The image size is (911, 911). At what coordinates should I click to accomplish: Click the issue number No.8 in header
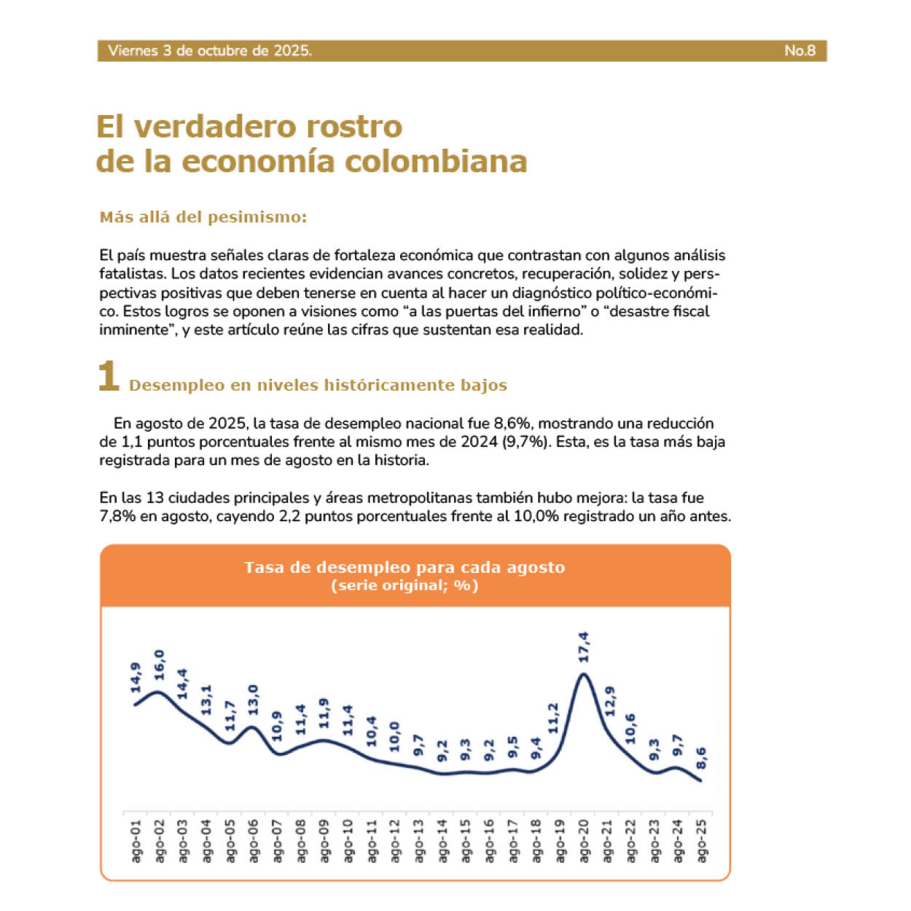point(799,50)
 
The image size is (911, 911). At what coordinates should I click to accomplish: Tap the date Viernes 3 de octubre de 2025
point(210,50)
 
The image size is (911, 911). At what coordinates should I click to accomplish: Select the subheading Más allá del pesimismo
point(203,217)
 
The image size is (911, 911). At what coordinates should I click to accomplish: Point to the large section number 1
point(109,377)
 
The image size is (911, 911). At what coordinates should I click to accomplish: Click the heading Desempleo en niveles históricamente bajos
point(318,385)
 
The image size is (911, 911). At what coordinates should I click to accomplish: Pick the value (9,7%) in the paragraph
point(525,442)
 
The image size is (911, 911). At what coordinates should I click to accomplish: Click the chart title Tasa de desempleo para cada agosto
point(404,567)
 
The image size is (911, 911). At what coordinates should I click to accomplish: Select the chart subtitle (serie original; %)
point(404,585)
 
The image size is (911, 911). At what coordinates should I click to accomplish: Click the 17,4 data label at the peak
point(584,647)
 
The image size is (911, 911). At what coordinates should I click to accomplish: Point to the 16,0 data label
point(159,664)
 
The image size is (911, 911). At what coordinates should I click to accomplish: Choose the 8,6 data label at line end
point(701,759)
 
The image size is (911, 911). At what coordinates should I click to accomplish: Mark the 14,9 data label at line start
point(136,678)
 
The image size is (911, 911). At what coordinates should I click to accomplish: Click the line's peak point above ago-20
point(583,673)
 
